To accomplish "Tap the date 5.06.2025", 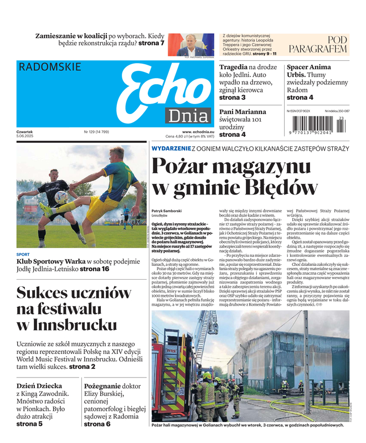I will point(26,137).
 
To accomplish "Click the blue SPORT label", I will point(23,255).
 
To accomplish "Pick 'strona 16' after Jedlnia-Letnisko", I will point(94,269).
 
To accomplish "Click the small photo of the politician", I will point(191,44).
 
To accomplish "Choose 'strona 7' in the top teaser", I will point(151,43).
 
